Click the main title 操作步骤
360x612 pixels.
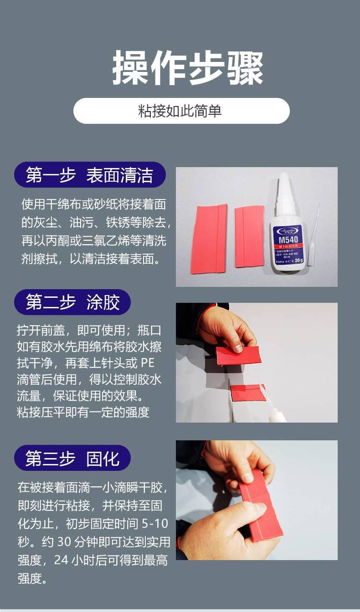coord(188,68)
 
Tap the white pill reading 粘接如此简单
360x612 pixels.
coord(181,111)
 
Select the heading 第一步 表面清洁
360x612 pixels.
coord(90,175)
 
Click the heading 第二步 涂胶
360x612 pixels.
coord(72,302)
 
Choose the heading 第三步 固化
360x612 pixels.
coord(72,458)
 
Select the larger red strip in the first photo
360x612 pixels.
coord(209,239)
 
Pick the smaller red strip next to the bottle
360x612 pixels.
coord(250,236)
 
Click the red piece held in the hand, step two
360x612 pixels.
coord(238,355)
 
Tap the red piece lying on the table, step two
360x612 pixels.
coord(247,392)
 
